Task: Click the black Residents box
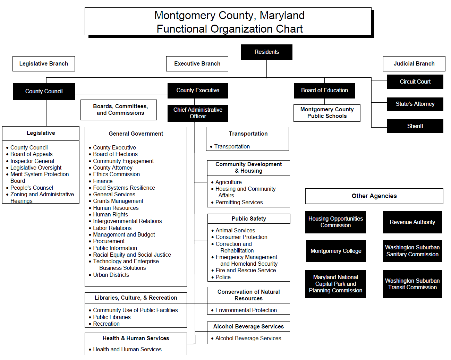coord(266,52)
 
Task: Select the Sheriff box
coord(415,126)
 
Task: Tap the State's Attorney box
coord(415,104)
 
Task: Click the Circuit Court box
coord(415,82)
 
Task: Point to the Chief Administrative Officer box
coord(198,113)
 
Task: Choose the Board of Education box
coord(324,91)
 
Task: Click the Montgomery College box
coord(336,251)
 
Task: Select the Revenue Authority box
coord(412,222)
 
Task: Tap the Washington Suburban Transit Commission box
coord(412,284)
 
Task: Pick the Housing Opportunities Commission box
coord(335,222)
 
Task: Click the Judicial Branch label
coord(414,64)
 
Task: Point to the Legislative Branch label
coord(44,64)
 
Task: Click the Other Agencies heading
coord(374,196)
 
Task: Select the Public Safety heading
coord(249,219)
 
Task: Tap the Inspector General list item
coord(32,161)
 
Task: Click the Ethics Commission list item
coord(116,174)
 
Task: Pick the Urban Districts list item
coord(111,275)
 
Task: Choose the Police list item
coord(223,277)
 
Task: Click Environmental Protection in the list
coord(246,310)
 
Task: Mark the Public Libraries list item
coord(112,317)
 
